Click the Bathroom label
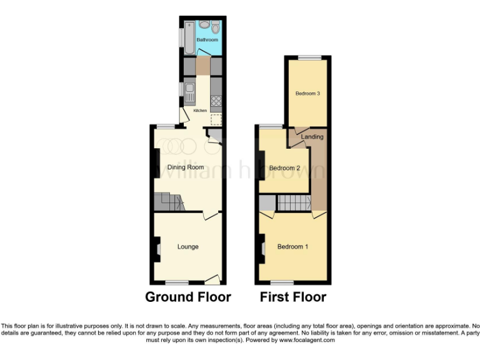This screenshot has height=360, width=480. [x=207, y=39]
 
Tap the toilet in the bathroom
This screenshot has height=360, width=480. [x=216, y=27]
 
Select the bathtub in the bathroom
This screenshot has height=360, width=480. [x=187, y=39]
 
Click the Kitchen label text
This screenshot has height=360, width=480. [x=200, y=111]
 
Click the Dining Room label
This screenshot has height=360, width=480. [x=186, y=167]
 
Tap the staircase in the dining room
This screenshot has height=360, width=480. [x=169, y=201]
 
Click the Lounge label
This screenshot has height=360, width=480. [x=187, y=247]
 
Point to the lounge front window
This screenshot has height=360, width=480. [x=176, y=282]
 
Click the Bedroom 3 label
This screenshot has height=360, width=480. [x=307, y=94]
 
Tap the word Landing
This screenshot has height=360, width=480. [x=312, y=137]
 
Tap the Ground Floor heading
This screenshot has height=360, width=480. [x=187, y=297]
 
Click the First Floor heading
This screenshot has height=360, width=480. [x=292, y=297]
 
